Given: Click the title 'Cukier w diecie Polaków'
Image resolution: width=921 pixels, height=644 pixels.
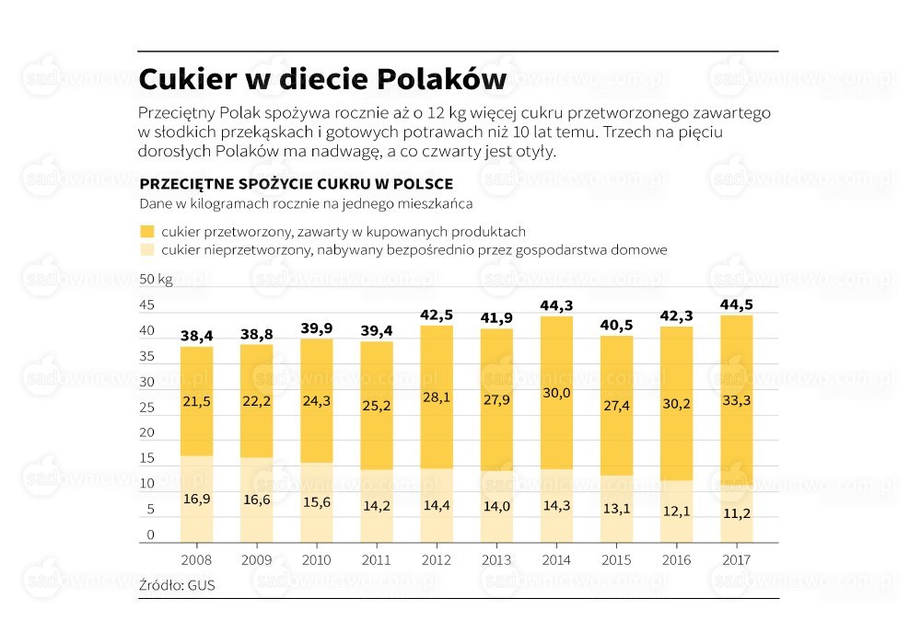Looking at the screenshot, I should pos(322,80).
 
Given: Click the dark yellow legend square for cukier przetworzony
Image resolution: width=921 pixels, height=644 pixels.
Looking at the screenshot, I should pos(146,231).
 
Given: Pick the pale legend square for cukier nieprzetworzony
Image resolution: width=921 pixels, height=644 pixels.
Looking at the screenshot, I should pos(146,249).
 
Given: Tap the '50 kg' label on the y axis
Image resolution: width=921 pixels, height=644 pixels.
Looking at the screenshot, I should pos(156,279).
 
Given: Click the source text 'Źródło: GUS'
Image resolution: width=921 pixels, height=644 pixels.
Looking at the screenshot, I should pos(177,585).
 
